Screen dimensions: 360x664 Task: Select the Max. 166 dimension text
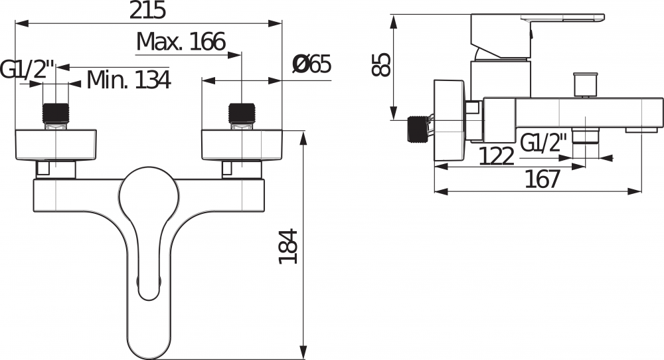(181, 43)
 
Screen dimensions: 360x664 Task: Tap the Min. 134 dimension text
(129, 80)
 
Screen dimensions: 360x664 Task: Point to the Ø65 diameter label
(311, 65)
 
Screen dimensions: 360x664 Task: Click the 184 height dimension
(288, 246)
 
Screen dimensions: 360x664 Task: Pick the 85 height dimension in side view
(382, 64)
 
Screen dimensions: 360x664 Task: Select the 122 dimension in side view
(497, 157)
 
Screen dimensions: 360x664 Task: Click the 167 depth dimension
(542, 179)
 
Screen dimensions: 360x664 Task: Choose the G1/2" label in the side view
(544, 142)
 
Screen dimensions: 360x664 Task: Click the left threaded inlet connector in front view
(56, 114)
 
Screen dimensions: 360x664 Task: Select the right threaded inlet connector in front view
(242, 114)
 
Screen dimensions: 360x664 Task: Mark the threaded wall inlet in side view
(416, 128)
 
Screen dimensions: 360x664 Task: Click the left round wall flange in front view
(56, 144)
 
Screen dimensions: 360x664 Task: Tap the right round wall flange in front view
(242, 144)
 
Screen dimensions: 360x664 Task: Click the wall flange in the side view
(450, 120)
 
